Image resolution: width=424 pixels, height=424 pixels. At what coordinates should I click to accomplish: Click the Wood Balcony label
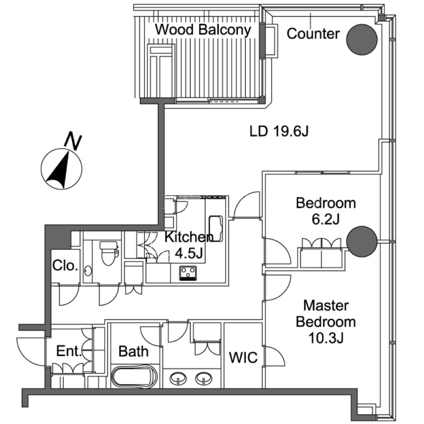click(x=203, y=30)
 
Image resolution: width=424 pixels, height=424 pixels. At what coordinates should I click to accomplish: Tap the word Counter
click(x=313, y=34)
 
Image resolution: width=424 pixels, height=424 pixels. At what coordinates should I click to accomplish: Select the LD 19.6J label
click(x=279, y=131)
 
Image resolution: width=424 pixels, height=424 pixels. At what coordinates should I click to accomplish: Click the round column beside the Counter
click(x=362, y=39)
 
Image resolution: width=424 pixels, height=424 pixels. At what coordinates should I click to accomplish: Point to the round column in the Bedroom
click(x=362, y=241)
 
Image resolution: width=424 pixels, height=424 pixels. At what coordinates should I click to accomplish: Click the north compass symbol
click(x=61, y=169)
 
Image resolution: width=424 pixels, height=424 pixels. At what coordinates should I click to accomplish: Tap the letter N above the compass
click(x=73, y=140)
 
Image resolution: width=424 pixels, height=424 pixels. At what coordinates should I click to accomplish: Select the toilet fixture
click(x=109, y=253)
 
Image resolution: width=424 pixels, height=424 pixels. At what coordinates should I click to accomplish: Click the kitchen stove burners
click(x=188, y=273)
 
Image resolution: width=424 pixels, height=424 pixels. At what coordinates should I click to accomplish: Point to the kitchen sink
click(x=216, y=228)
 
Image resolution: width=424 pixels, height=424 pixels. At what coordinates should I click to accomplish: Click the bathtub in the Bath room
click(x=135, y=376)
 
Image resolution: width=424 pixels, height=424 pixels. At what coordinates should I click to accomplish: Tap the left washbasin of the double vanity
click(x=178, y=378)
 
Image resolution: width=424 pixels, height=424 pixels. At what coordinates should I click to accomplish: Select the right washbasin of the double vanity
click(x=204, y=378)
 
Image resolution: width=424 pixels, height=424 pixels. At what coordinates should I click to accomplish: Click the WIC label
click(x=243, y=357)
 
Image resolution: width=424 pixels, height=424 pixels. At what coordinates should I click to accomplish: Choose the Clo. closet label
click(x=65, y=266)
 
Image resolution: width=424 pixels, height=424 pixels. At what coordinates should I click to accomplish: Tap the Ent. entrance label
click(x=69, y=351)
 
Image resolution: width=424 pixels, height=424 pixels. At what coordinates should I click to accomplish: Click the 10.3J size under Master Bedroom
click(x=326, y=338)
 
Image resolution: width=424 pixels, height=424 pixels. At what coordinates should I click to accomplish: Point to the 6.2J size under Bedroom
click(x=325, y=219)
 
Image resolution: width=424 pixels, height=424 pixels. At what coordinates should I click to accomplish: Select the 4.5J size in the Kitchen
click(x=189, y=253)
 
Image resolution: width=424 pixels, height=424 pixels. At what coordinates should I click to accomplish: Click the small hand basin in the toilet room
click(x=88, y=271)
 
